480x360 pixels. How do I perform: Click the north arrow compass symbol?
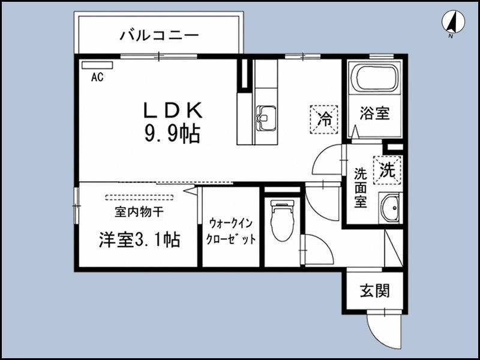pos(453,22)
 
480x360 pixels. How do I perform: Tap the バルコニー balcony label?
pos(159,35)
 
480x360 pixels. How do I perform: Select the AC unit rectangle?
pos(97,65)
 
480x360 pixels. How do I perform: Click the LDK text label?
pos(173,110)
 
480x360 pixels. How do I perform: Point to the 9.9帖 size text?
pos(172,134)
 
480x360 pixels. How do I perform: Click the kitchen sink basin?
pos(266,118)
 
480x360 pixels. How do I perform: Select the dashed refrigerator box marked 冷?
pos(324,119)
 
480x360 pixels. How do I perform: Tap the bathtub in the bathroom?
pos(375,78)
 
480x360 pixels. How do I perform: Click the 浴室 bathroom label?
pos(374,113)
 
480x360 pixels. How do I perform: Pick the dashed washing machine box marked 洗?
pos(387,170)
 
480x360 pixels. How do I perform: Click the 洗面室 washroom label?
pos(361,188)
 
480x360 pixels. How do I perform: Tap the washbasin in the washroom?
pos(389,208)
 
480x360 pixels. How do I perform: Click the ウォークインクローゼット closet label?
pos(231,231)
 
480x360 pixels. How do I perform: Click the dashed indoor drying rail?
pos(139,197)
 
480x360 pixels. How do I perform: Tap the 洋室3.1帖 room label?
pos(139,239)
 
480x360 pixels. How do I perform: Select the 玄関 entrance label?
pos(374,290)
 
